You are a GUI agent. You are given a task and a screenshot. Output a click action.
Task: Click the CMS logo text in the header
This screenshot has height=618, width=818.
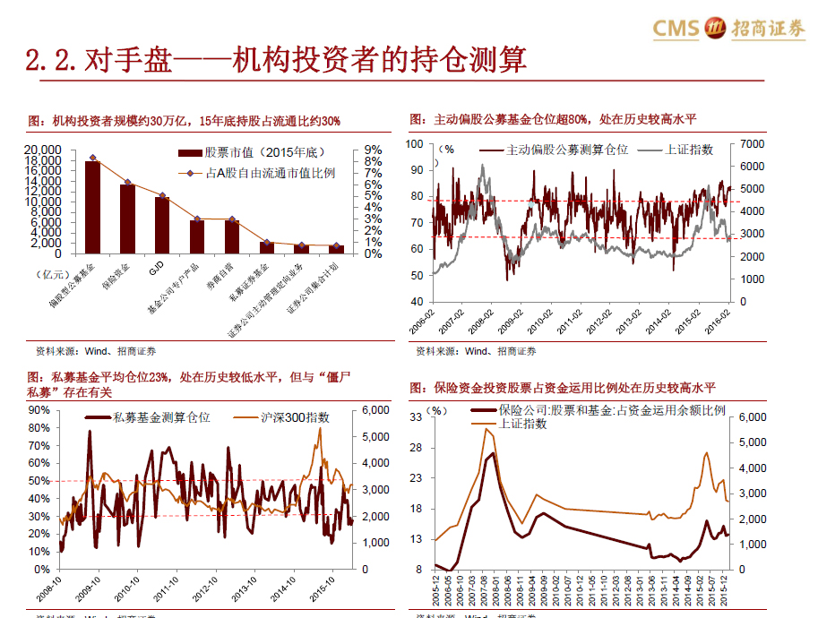676,29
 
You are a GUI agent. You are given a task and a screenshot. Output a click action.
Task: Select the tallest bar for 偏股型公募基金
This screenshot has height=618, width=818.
92,207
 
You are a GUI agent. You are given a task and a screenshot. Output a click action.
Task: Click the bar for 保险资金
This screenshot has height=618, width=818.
127,219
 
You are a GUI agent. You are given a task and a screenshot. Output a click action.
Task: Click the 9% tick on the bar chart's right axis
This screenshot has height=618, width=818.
373,150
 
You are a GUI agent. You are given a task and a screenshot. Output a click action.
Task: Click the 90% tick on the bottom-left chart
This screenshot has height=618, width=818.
39,409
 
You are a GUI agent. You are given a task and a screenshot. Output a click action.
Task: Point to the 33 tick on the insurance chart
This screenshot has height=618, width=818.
418,417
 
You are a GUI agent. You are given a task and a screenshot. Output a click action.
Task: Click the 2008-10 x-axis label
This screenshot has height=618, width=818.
52,593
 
